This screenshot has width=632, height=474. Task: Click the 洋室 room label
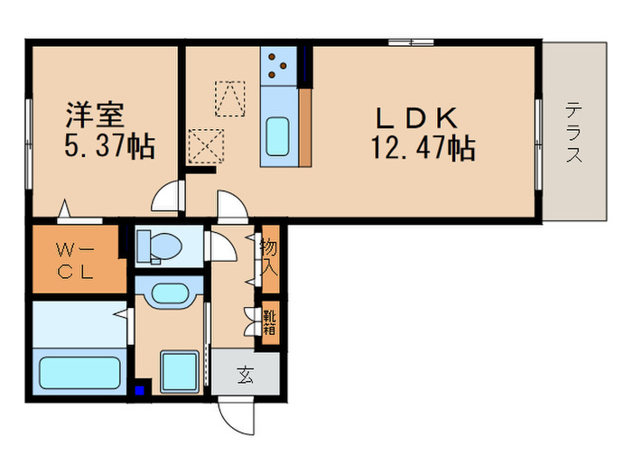point(99,116)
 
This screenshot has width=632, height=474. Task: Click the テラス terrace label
point(573,132)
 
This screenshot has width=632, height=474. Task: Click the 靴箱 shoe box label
point(270,322)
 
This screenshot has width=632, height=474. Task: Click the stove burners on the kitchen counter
point(280,62)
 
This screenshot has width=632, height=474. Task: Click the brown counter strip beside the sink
point(304,126)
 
